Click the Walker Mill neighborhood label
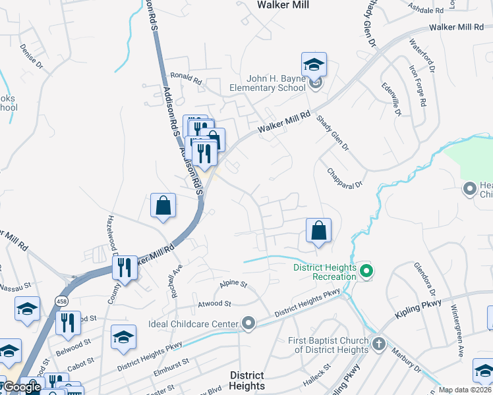point(282,5)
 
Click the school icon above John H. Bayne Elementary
point(314,65)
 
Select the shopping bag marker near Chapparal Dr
point(318,231)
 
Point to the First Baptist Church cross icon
point(378,343)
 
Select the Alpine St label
point(233,284)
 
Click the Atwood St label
point(215,304)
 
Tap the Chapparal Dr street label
point(345,178)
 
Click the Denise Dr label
point(31,57)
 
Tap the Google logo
point(22,387)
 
